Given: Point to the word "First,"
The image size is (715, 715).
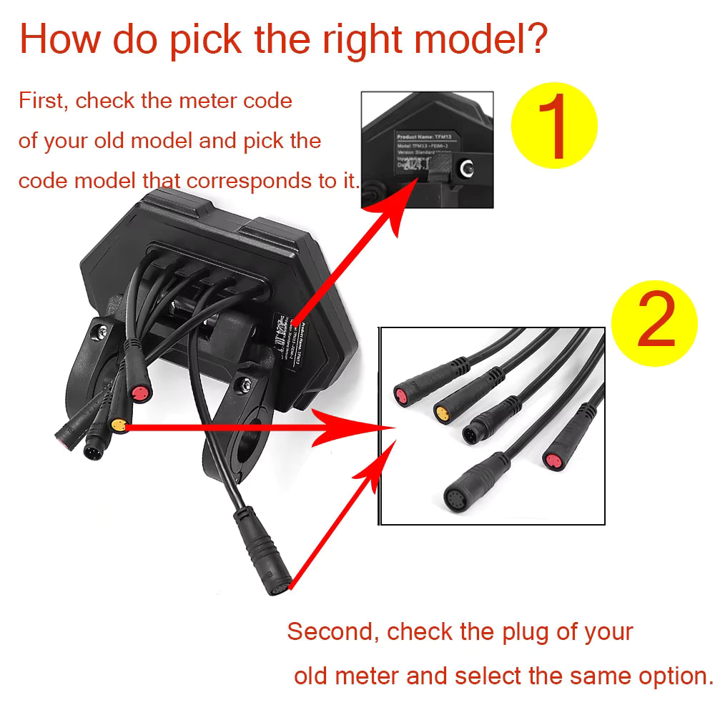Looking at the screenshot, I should click(44, 101).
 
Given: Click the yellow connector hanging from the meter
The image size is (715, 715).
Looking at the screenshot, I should click(119, 426).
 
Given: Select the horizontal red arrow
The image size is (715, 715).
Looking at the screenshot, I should click(257, 428).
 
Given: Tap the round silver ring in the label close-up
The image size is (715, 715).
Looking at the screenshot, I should click(467, 169).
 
